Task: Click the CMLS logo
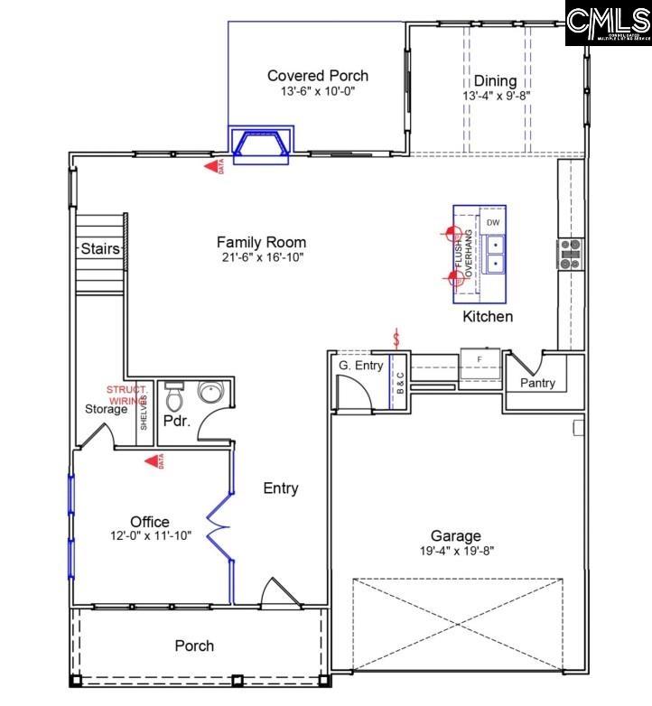point(608,23)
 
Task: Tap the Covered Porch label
point(318,77)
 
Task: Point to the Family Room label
point(261,242)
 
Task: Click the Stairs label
point(99,248)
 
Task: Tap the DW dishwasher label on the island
point(492,222)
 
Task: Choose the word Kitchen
point(488,317)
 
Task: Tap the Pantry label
point(537,384)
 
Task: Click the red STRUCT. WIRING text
point(127,394)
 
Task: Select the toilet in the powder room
point(174,396)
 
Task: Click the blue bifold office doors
point(220,527)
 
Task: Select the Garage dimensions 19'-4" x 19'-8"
point(455,551)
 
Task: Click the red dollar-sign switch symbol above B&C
point(396,339)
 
